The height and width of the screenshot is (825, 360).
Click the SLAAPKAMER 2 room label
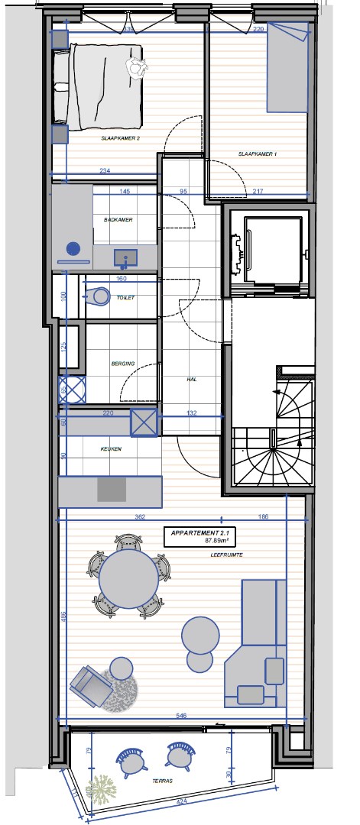pos(120,140)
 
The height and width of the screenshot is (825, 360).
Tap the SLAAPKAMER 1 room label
pos(257,154)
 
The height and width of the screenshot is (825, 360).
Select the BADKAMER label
pos(118,220)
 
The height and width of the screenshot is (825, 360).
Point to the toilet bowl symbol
pos(100,295)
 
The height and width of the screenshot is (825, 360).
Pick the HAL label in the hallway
pos(192,378)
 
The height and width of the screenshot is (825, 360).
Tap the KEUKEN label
pos(112,449)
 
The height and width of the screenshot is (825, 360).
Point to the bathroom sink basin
pos(125,258)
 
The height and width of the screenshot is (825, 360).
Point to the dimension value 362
pos(140,517)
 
